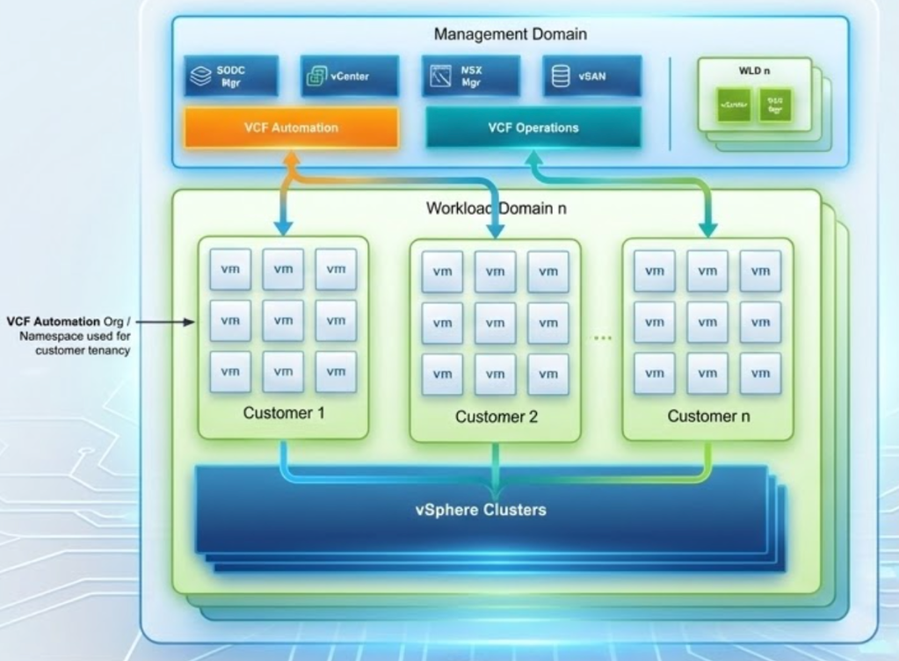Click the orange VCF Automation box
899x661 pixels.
(291, 128)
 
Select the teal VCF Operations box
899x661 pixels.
(533, 128)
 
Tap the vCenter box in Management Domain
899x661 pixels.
(349, 76)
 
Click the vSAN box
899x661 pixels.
(591, 76)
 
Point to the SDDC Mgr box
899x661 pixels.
(231, 76)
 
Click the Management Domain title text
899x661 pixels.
(511, 35)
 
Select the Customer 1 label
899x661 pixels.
(282, 412)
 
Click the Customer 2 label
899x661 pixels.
(496, 417)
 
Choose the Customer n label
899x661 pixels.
(707, 416)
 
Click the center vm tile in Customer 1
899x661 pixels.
(283, 321)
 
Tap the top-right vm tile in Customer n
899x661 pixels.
(760, 272)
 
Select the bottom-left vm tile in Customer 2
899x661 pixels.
(442, 374)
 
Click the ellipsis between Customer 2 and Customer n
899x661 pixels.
(602, 337)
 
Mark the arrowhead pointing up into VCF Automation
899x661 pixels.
(291, 158)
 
